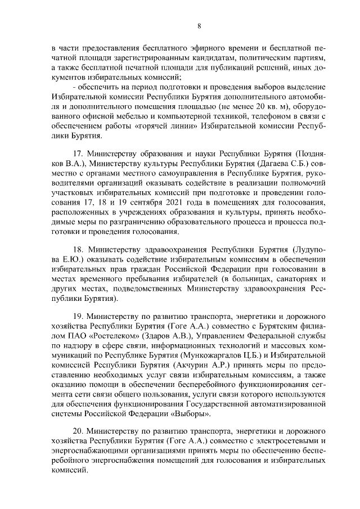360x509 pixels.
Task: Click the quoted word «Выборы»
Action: pyautogui.click(x=194, y=415)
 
